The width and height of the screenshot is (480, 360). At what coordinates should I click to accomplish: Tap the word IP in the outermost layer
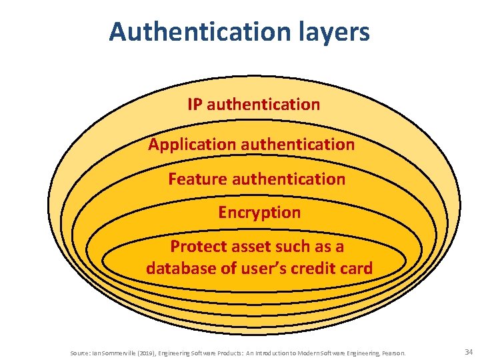click(x=195, y=105)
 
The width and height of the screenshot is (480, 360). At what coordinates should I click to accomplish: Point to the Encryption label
click(x=259, y=213)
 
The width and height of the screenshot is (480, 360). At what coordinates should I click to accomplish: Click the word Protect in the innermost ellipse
click(x=195, y=246)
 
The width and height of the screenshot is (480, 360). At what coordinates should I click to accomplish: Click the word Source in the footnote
click(x=79, y=352)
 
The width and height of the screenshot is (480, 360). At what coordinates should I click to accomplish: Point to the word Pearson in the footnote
click(x=393, y=352)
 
